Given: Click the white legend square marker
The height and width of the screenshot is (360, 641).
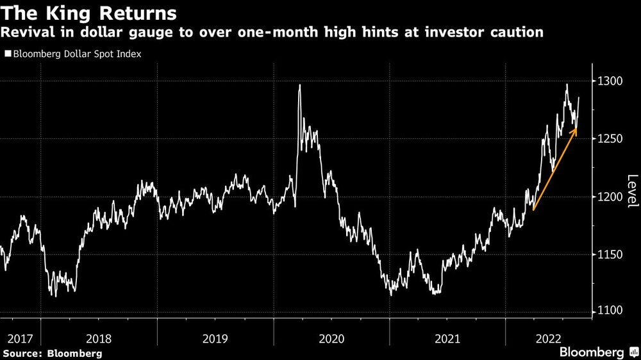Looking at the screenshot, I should (8, 54).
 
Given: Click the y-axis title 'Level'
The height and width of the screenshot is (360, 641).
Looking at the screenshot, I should (632, 191).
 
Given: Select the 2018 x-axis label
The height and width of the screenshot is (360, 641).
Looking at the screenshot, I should (99, 337).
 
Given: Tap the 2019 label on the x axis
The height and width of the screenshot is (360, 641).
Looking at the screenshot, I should (215, 337).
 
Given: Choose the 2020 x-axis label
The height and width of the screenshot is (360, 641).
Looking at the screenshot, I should (331, 337).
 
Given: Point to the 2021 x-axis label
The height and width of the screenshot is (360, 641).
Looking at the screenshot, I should (447, 337).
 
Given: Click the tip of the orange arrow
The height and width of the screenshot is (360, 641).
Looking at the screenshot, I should (575, 129).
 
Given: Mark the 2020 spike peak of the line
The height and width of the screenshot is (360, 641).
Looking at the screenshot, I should (299, 85).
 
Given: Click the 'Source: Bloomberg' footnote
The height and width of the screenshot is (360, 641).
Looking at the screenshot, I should (52, 353).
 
